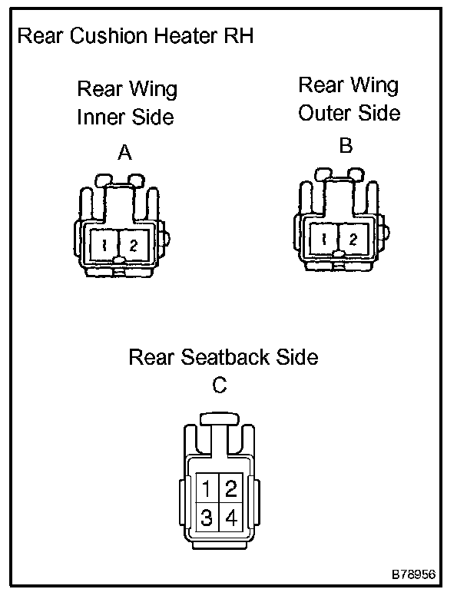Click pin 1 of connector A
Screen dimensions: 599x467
pyautogui.click(x=103, y=246)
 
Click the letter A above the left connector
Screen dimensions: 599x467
pyautogui.click(x=124, y=154)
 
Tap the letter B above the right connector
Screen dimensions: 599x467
pyautogui.click(x=346, y=146)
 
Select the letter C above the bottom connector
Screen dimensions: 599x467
pyautogui.click(x=220, y=386)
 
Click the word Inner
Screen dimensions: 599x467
pyautogui.click(x=101, y=117)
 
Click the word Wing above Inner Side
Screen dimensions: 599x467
pyautogui.click(x=152, y=89)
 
